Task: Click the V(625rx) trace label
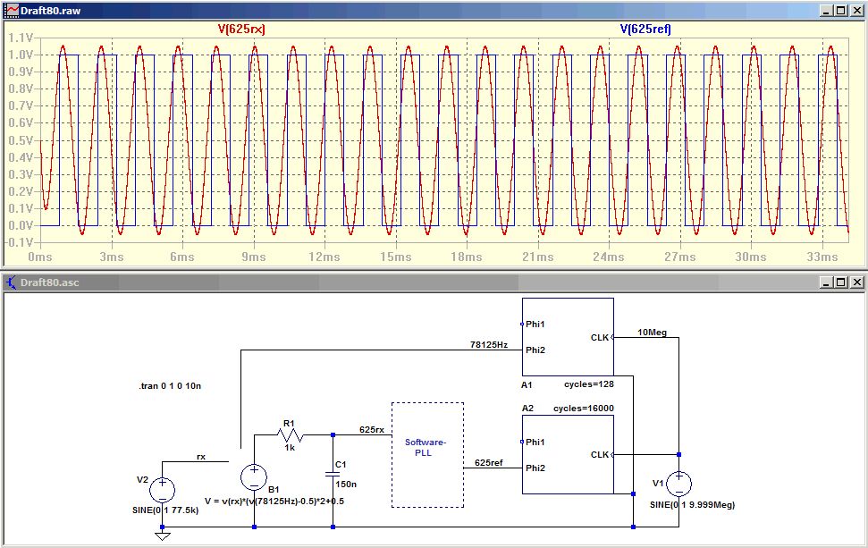coord(241,29)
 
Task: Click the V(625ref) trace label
coord(645,29)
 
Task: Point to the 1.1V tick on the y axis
coord(21,38)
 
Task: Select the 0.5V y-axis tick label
coord(21,140)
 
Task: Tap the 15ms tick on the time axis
coord(396,257)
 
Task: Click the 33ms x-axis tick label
coord(822,257)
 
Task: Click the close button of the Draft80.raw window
coord(857,11)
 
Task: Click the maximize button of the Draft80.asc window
coord(841,282)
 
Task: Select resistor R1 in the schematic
coord(290,434)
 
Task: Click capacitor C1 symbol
coord(333,475)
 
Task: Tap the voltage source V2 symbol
coord(162,490)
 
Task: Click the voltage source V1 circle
coord(678,484)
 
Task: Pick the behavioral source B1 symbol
coord(254,477)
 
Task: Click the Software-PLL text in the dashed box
coord(426,447)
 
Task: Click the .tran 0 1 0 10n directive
coord(170,386)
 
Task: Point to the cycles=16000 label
coord(584,409)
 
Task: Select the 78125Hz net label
coord(489,344)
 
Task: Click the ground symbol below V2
coord(162,535)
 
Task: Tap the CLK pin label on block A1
coord(600,337)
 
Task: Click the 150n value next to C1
coord(346,485)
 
